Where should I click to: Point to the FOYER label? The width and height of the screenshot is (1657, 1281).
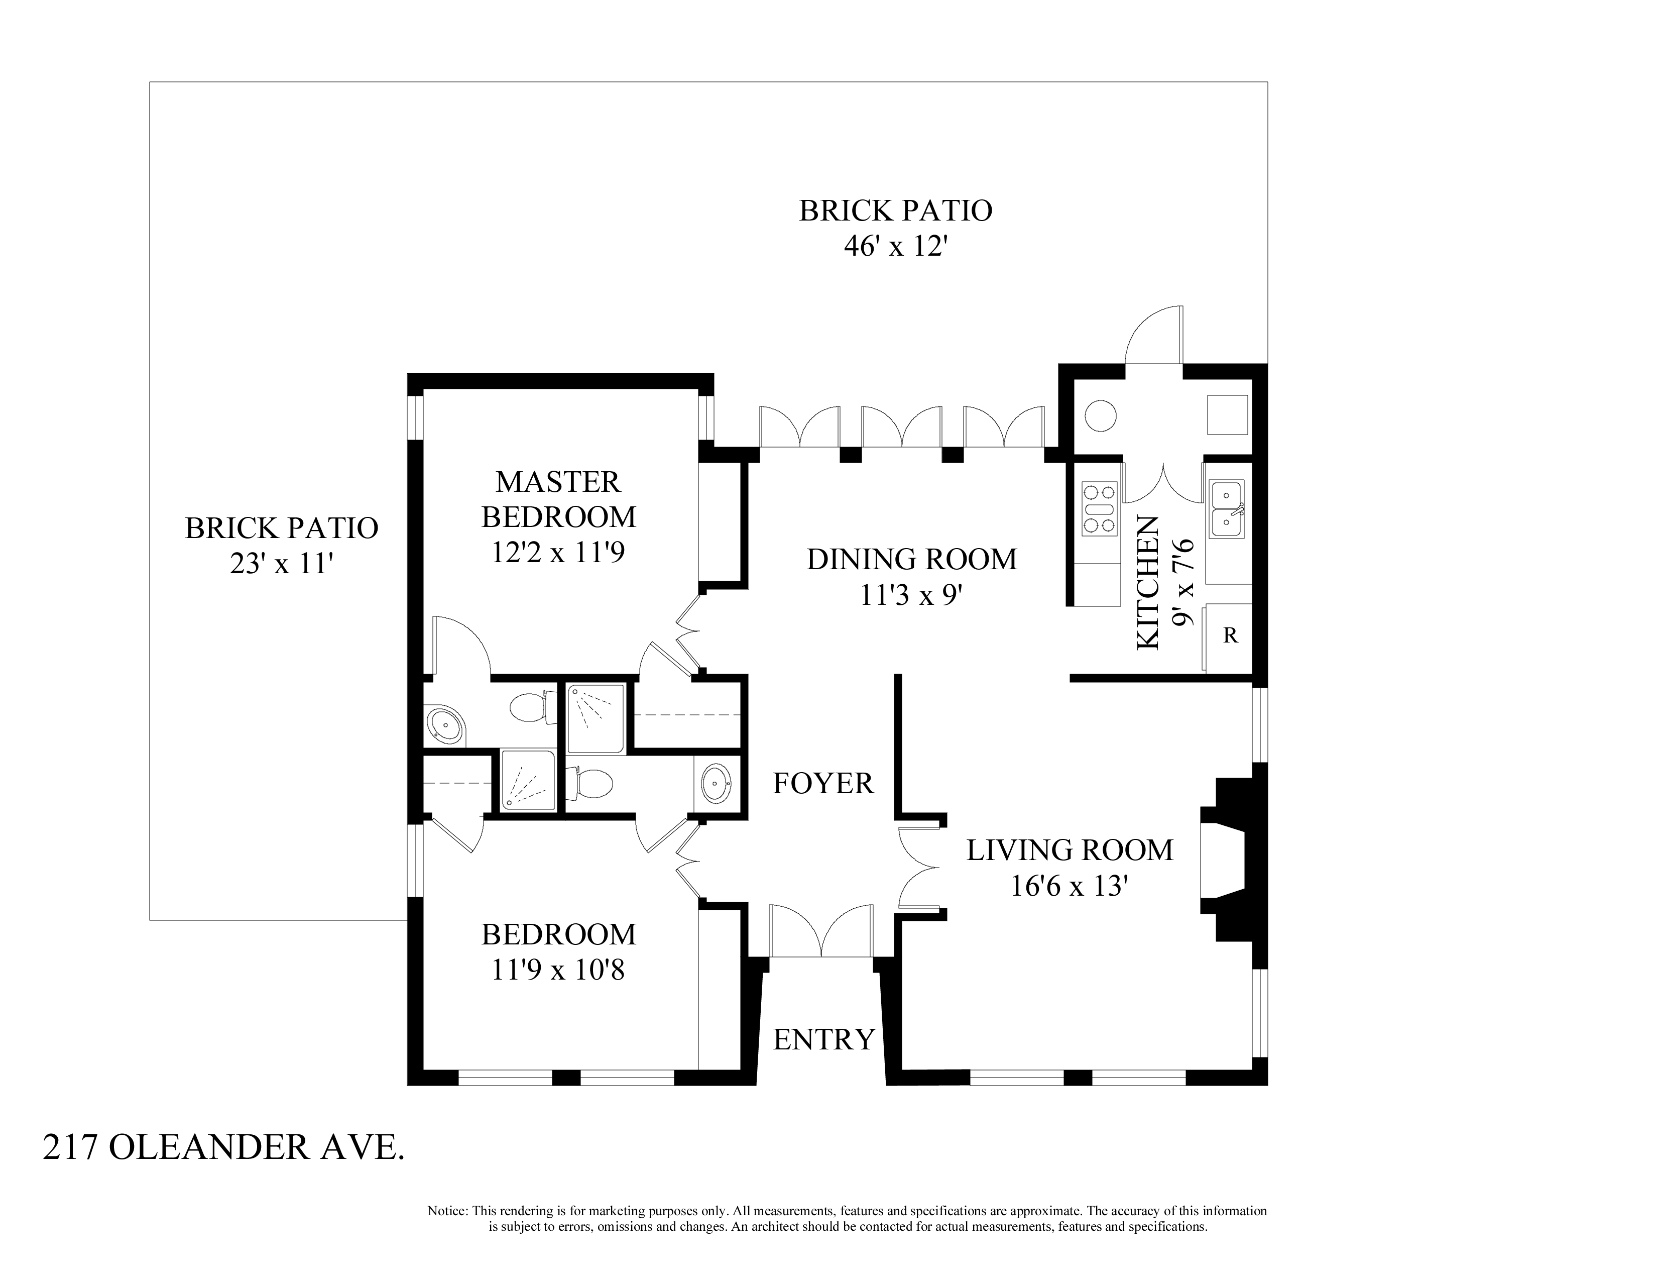point(823,783)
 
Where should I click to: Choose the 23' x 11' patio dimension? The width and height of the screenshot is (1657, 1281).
point(282,564)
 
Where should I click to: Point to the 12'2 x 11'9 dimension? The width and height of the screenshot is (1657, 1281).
point(558,553)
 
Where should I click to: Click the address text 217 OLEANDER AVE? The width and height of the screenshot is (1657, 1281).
point(224,1148)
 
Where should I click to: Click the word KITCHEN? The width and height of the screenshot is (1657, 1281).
point(1148,583)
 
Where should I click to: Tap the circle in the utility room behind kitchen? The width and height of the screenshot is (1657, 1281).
point(1100,416)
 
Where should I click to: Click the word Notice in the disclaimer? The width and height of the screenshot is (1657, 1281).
point(447,1211)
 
